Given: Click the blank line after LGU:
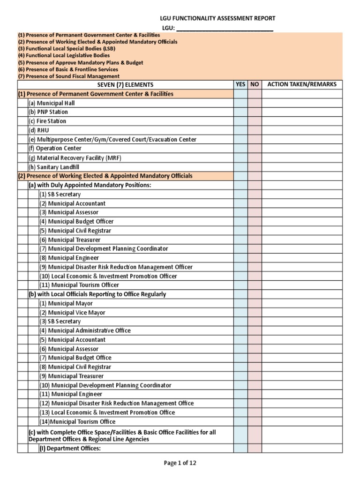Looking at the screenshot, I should click(x=224, y=28).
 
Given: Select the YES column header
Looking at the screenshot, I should click(x=240, y=85).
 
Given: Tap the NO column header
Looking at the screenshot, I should click(x=255, y=85).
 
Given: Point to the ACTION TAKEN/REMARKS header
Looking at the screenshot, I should click(x=301, y=85).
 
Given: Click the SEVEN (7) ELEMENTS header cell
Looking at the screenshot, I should click(x=125, y=85).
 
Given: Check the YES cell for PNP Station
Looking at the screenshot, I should click(x=240, y=112).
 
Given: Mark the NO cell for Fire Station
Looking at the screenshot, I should click(x=255, y=121).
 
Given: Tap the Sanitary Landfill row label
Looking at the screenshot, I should click(x=52, y=167).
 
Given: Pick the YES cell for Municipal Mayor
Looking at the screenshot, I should click(x=240, y=303).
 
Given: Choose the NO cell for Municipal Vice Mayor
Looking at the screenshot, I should click(x=255, y=313).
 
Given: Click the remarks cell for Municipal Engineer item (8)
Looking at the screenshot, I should click(x=301, y=258).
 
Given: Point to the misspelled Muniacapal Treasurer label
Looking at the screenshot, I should click(x=72, y=376).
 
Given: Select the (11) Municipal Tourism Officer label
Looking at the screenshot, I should click(x=79, y=285).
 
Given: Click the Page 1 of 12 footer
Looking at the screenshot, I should click(x=180, y=463).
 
